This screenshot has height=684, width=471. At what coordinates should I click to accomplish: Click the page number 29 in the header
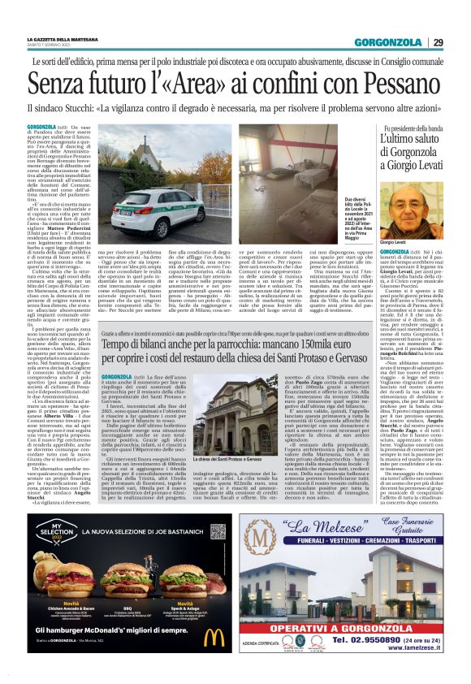[438, 42]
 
